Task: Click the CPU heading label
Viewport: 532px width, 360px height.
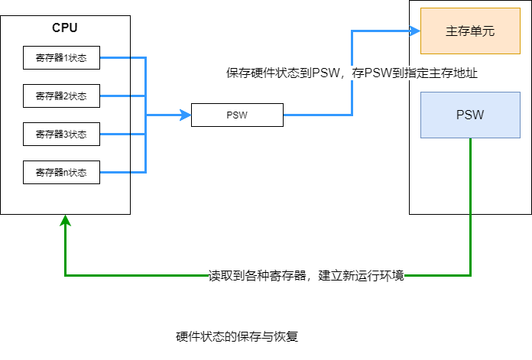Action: click(x=65, y=28)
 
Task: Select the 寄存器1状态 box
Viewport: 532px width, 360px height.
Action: click(x=61, y=57)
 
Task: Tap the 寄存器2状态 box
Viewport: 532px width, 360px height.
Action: click(x=61, y=96)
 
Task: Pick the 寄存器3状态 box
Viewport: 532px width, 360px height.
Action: click(x=61, y=134)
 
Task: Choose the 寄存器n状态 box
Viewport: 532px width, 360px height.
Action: click(x=61, y=172)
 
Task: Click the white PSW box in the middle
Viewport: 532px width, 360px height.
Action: click(x=237, y=115)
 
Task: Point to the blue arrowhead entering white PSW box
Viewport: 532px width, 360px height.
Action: click(x=186, y=115)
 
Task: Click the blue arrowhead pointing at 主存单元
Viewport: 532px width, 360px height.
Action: click(x=416, y=31)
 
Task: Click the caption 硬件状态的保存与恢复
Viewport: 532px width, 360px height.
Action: click(x=242, y=336)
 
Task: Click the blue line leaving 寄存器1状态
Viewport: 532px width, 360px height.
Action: click(x=122, y=57)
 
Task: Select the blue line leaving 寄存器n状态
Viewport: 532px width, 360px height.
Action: click(x=122, y=172)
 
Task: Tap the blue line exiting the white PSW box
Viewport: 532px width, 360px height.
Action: click(x=317, y=115)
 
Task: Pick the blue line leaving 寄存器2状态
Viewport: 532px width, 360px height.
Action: click(x=122, y=96)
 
